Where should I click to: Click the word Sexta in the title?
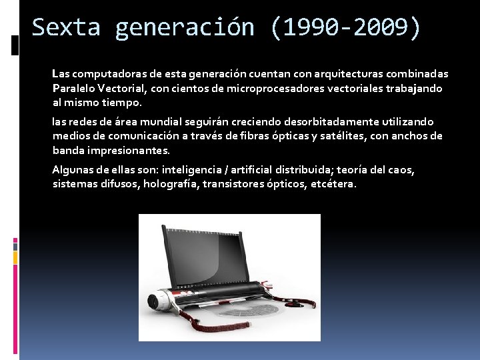pos(65,27)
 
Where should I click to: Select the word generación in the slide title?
pos(184,27)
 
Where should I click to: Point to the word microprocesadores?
pos(271,88)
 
